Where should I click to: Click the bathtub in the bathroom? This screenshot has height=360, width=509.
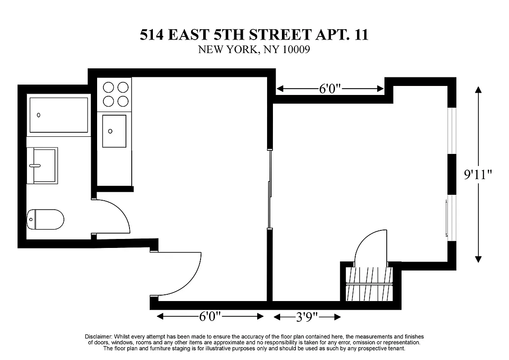click(x=58, y=115)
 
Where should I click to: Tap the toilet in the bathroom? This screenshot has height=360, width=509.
click(x=45, y=220)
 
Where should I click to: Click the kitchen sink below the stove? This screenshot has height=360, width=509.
click(x=114, y=131)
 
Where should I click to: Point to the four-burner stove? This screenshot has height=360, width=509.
click(x=114, y=94)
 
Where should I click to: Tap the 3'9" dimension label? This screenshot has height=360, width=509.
click(x=307, y=317)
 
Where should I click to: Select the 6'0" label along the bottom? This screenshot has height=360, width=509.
click(x=210, y=317)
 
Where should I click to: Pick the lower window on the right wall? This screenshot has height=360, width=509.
click(x=452, y=218)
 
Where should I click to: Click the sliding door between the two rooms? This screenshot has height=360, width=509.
click(x=269, y=189)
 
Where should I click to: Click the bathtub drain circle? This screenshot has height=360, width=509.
click(x=39, y=115)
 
